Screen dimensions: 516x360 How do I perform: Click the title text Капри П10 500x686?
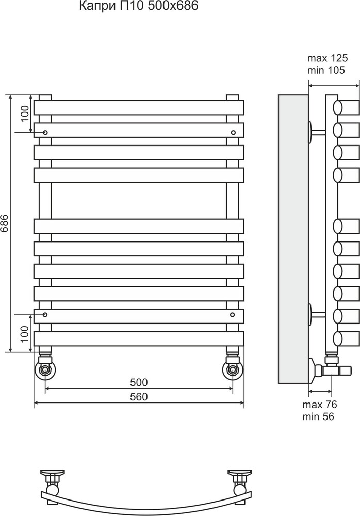click(x=138, y=7)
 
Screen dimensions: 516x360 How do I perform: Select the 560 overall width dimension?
click(x=139, y=396)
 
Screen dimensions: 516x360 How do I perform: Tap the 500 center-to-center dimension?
click(x=139, y=382)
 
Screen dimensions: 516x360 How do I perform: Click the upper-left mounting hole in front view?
click(x=45, y=133)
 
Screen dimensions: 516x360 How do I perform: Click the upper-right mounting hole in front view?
click(x=233, y=133)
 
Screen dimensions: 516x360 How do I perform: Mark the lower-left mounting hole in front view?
click(x=45, y=314)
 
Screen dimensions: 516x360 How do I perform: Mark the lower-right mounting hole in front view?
click(x=233, y=314)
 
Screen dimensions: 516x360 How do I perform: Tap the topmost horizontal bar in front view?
click(x=139, y=107)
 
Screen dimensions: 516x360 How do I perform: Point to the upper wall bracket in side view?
click(x=315, y=133)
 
